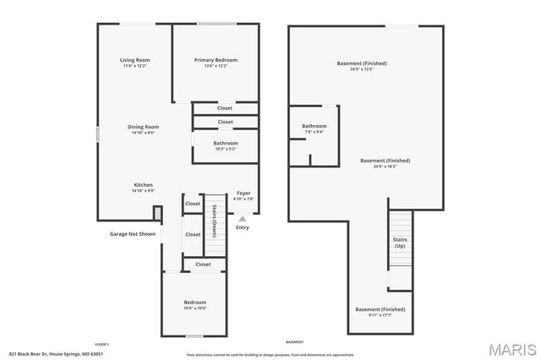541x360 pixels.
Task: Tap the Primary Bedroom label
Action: (216, 60)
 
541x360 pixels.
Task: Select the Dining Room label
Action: (144, 127)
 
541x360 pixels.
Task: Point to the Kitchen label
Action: (144, 185)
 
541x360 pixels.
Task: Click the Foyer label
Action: (243, 194)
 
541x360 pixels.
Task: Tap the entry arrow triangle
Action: (243, 218)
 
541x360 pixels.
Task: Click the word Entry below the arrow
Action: (243, 227)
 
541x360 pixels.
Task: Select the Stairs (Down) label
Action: (215, 220)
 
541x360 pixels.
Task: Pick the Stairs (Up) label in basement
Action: (401, 243)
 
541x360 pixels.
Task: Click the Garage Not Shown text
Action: (133, 234)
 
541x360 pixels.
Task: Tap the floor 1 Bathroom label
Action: (226, 144)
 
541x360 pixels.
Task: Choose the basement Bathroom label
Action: (314, 127)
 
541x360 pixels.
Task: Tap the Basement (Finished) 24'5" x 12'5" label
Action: (363, 64)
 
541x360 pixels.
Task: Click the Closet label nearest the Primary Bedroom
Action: (225, 108)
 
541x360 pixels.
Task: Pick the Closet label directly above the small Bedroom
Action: (203, 265)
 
